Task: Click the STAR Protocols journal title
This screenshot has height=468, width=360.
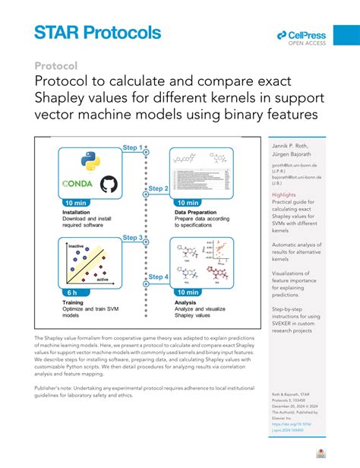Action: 97,33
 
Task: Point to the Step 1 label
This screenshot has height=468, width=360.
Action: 134,147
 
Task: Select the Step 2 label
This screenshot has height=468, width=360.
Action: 157,188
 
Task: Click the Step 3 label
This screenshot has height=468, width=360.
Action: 134,238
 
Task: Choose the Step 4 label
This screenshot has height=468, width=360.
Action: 158,277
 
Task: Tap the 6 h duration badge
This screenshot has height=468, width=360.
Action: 71,292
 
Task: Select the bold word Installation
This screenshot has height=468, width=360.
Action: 78,212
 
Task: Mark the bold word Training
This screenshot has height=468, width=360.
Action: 73,302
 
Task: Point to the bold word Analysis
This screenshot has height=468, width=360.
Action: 188,302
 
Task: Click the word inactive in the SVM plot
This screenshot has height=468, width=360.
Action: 77,246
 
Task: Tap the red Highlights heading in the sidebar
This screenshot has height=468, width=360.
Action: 284,195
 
